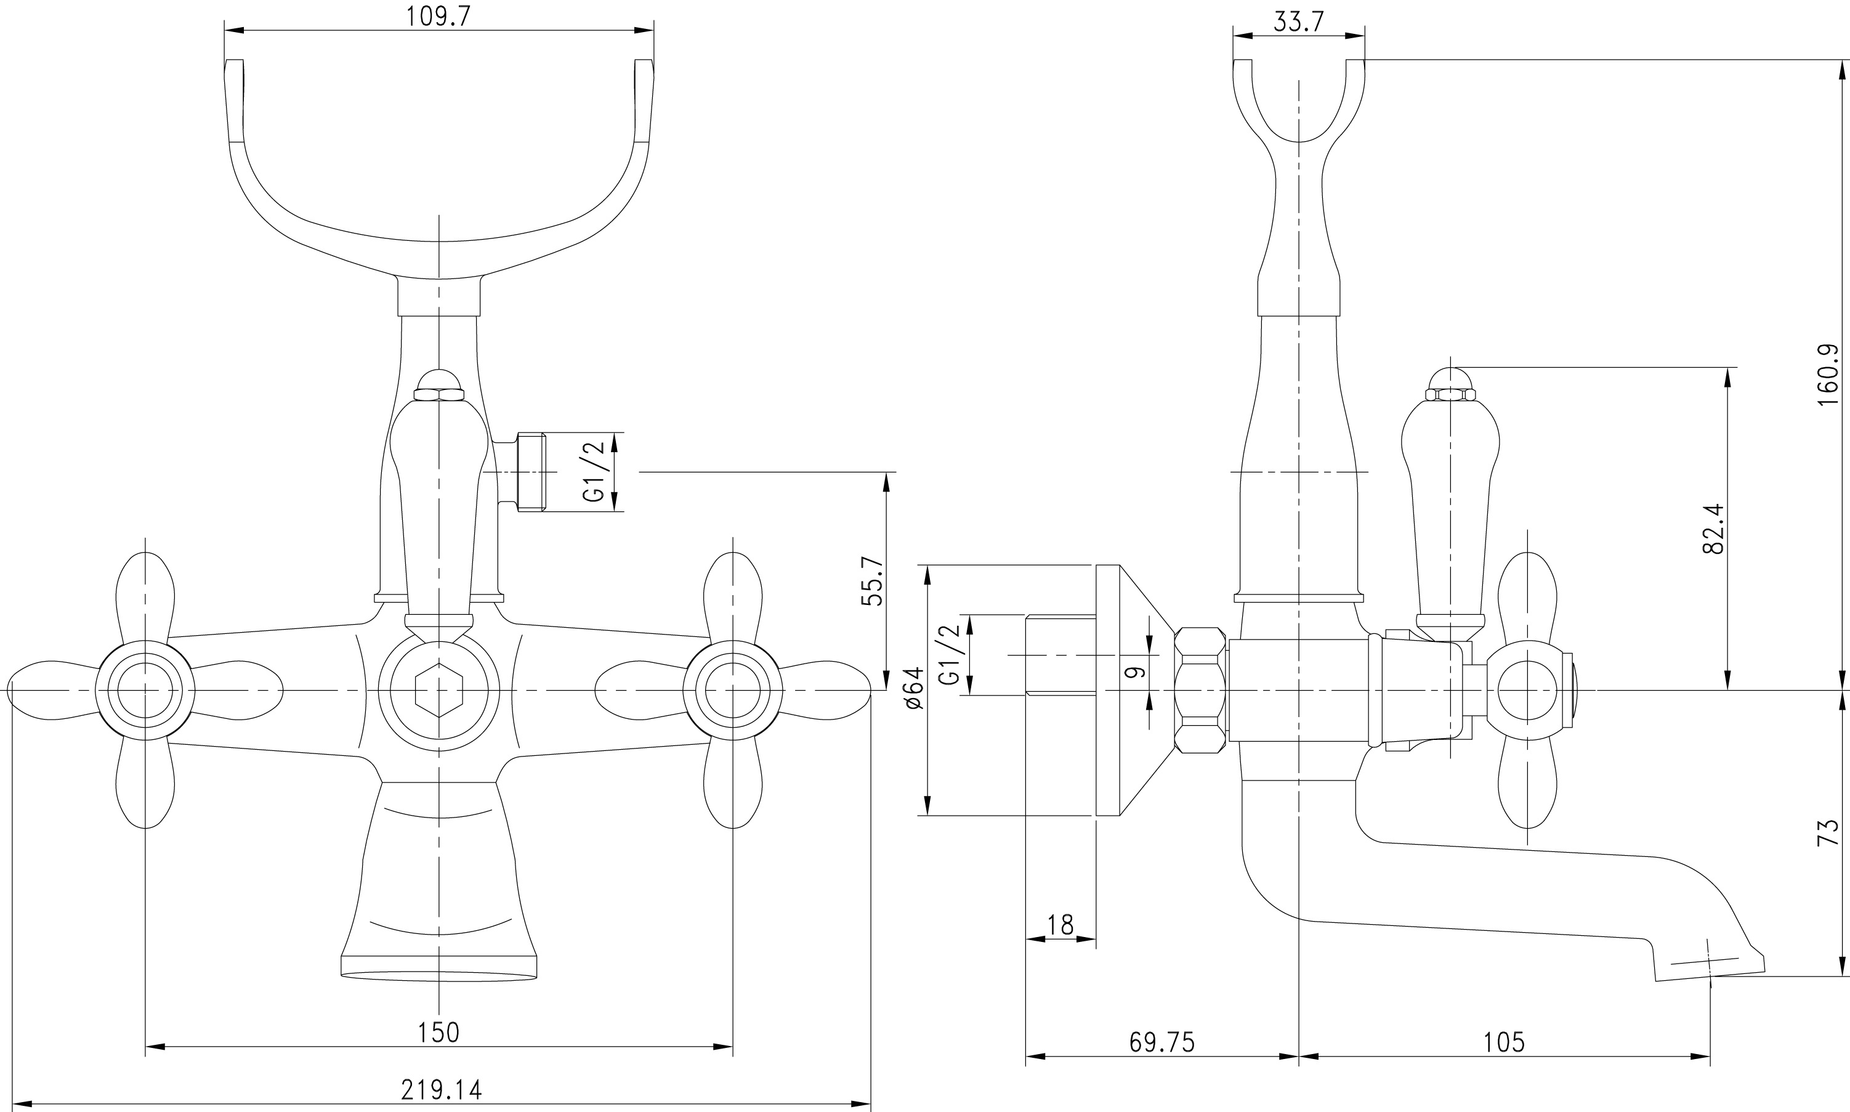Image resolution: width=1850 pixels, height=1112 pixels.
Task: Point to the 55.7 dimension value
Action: (x=873, y=581)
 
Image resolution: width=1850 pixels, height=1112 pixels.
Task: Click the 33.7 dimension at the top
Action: (x=1299, y=22)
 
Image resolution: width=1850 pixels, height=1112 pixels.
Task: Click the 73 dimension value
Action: (x=1828, y=832)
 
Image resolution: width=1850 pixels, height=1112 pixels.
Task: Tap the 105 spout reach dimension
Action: (x=1504, y=1042)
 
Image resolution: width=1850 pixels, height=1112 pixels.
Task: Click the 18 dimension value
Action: (x=1060, y=925)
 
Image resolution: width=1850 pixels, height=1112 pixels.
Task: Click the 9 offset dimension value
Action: (x=1136, y=672)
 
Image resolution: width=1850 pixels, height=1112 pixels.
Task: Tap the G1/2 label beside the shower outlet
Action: (x=592, y=471)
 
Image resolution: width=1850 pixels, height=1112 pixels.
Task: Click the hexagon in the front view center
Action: (x=439, y=690)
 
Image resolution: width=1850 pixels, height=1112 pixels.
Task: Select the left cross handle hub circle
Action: (x=145, y=690)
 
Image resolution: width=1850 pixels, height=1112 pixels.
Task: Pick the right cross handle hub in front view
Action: (x=733, y=690)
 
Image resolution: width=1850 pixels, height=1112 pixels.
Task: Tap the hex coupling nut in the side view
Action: (x=1201, y=690)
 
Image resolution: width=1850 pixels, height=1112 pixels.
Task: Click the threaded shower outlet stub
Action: (x=531, y=472)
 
